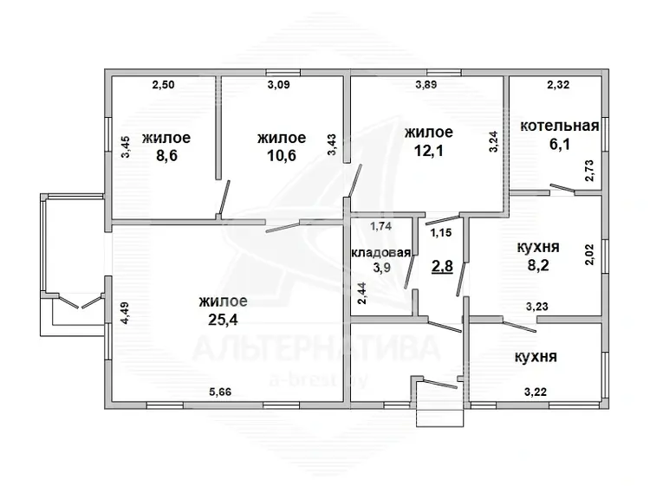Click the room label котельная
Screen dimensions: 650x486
point(560,126)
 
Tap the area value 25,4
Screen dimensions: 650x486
point(223,320)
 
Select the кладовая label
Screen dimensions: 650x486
point(381,253)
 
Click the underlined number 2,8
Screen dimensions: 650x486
point(442,267)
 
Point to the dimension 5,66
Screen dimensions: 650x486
point(220,392)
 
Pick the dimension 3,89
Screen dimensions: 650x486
point(426,85)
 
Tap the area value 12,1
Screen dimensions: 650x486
point(429,150)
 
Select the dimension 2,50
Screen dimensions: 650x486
point(163,85)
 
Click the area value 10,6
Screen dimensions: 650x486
point(282,155)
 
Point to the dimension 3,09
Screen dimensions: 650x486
point(278,85)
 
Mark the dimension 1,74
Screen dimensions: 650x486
point(380,226)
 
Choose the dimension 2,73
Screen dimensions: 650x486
point(589,171)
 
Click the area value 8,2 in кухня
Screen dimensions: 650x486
point(538,265)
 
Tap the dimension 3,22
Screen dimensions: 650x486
point(536,392)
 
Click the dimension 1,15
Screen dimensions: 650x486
point(440,233)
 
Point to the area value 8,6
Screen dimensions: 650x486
point(166,155)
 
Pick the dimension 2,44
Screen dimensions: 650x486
point(362,294)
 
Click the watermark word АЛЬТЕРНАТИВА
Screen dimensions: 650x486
point(315,348)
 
